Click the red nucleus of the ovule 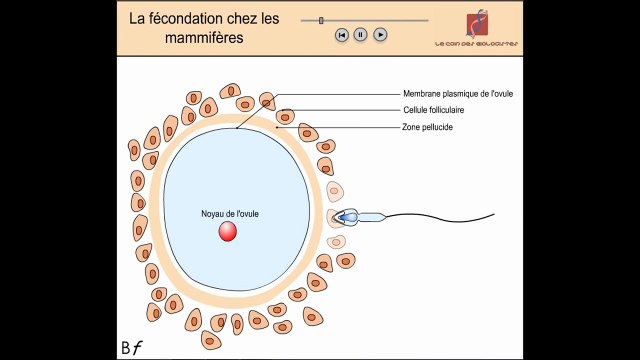point(228,232)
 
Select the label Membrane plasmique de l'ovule point(458,93)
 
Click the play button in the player point(380,34)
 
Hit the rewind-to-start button point(341,34)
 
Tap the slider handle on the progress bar point(320,19)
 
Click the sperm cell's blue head point(348,216)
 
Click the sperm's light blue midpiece point(373,216)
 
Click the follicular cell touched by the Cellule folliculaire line point(285,116)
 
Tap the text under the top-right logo point(477,45)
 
